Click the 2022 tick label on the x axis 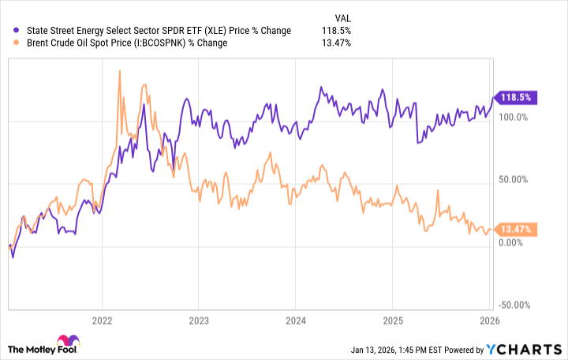[102, 321]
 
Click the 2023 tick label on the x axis [199, 321]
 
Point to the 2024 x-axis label [295, 321]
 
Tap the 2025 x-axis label [392, 321]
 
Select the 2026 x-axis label [488, 321]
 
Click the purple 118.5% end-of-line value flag [514, 98]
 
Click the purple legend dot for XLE [18, 31]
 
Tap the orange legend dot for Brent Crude [18, 43]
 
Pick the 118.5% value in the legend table [337, 31]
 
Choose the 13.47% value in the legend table [335, 43]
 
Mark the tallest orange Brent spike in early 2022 [118, 71]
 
